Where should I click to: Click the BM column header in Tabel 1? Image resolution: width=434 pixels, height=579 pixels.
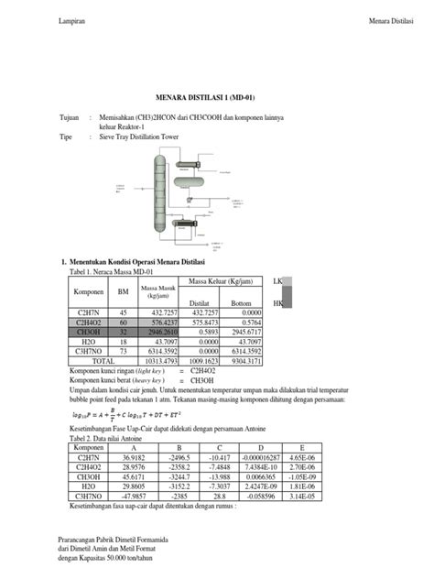pyautogui.click(x=123, y=292)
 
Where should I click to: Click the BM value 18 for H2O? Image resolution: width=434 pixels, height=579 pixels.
pyautogui.click(x=123, y=342)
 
